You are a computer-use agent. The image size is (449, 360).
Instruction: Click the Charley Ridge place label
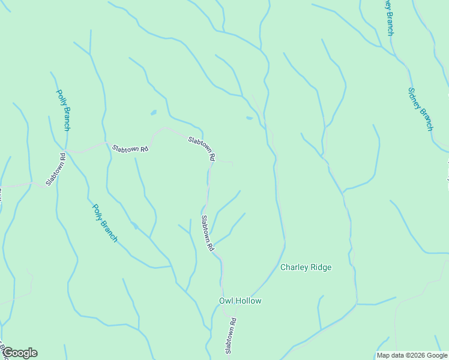pyautogui.click(x=306, y=267)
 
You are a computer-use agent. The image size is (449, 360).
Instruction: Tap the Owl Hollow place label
pyautogui.click(x=240, y=301)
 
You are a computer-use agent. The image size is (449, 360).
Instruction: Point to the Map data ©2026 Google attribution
pyautogui.click(x=412, y=355)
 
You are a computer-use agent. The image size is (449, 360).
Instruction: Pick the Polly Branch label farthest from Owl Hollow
pyautogui.click(x=63, y=110)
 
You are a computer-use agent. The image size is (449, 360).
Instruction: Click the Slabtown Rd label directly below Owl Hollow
pyautogui.click(x=229, y=335)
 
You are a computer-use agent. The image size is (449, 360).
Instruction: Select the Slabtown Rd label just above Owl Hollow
pyautogui.click(x=207, y=233)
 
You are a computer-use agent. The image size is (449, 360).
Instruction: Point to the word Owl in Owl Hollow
pyautogui.click(x=225, y=301)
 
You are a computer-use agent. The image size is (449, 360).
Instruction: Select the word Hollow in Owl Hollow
pyautogui.click(x=247, y=301)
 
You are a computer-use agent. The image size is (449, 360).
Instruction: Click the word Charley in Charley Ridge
pyautogui.click(x=294, y=267)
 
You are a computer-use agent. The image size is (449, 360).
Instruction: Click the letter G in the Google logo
pyautogui.click(x=7, y=353)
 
